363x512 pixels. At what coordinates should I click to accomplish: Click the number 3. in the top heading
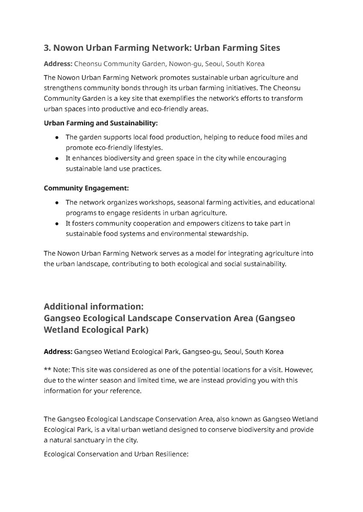(47, 48)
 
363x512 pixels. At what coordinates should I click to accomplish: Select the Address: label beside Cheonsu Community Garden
(58, 64)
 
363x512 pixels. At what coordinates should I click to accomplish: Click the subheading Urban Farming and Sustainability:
(101, 123)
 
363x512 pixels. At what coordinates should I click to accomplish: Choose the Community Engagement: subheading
(86, 188)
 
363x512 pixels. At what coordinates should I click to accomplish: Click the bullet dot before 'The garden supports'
(57, 137)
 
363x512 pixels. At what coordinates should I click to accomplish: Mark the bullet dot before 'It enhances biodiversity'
(57, 158)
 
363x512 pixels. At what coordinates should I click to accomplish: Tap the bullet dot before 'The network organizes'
(57, 202)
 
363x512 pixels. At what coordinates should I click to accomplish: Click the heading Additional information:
(94, 307)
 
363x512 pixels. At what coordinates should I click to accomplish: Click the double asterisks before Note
(47, 370)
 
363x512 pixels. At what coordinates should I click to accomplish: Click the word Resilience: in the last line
(171, 454)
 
